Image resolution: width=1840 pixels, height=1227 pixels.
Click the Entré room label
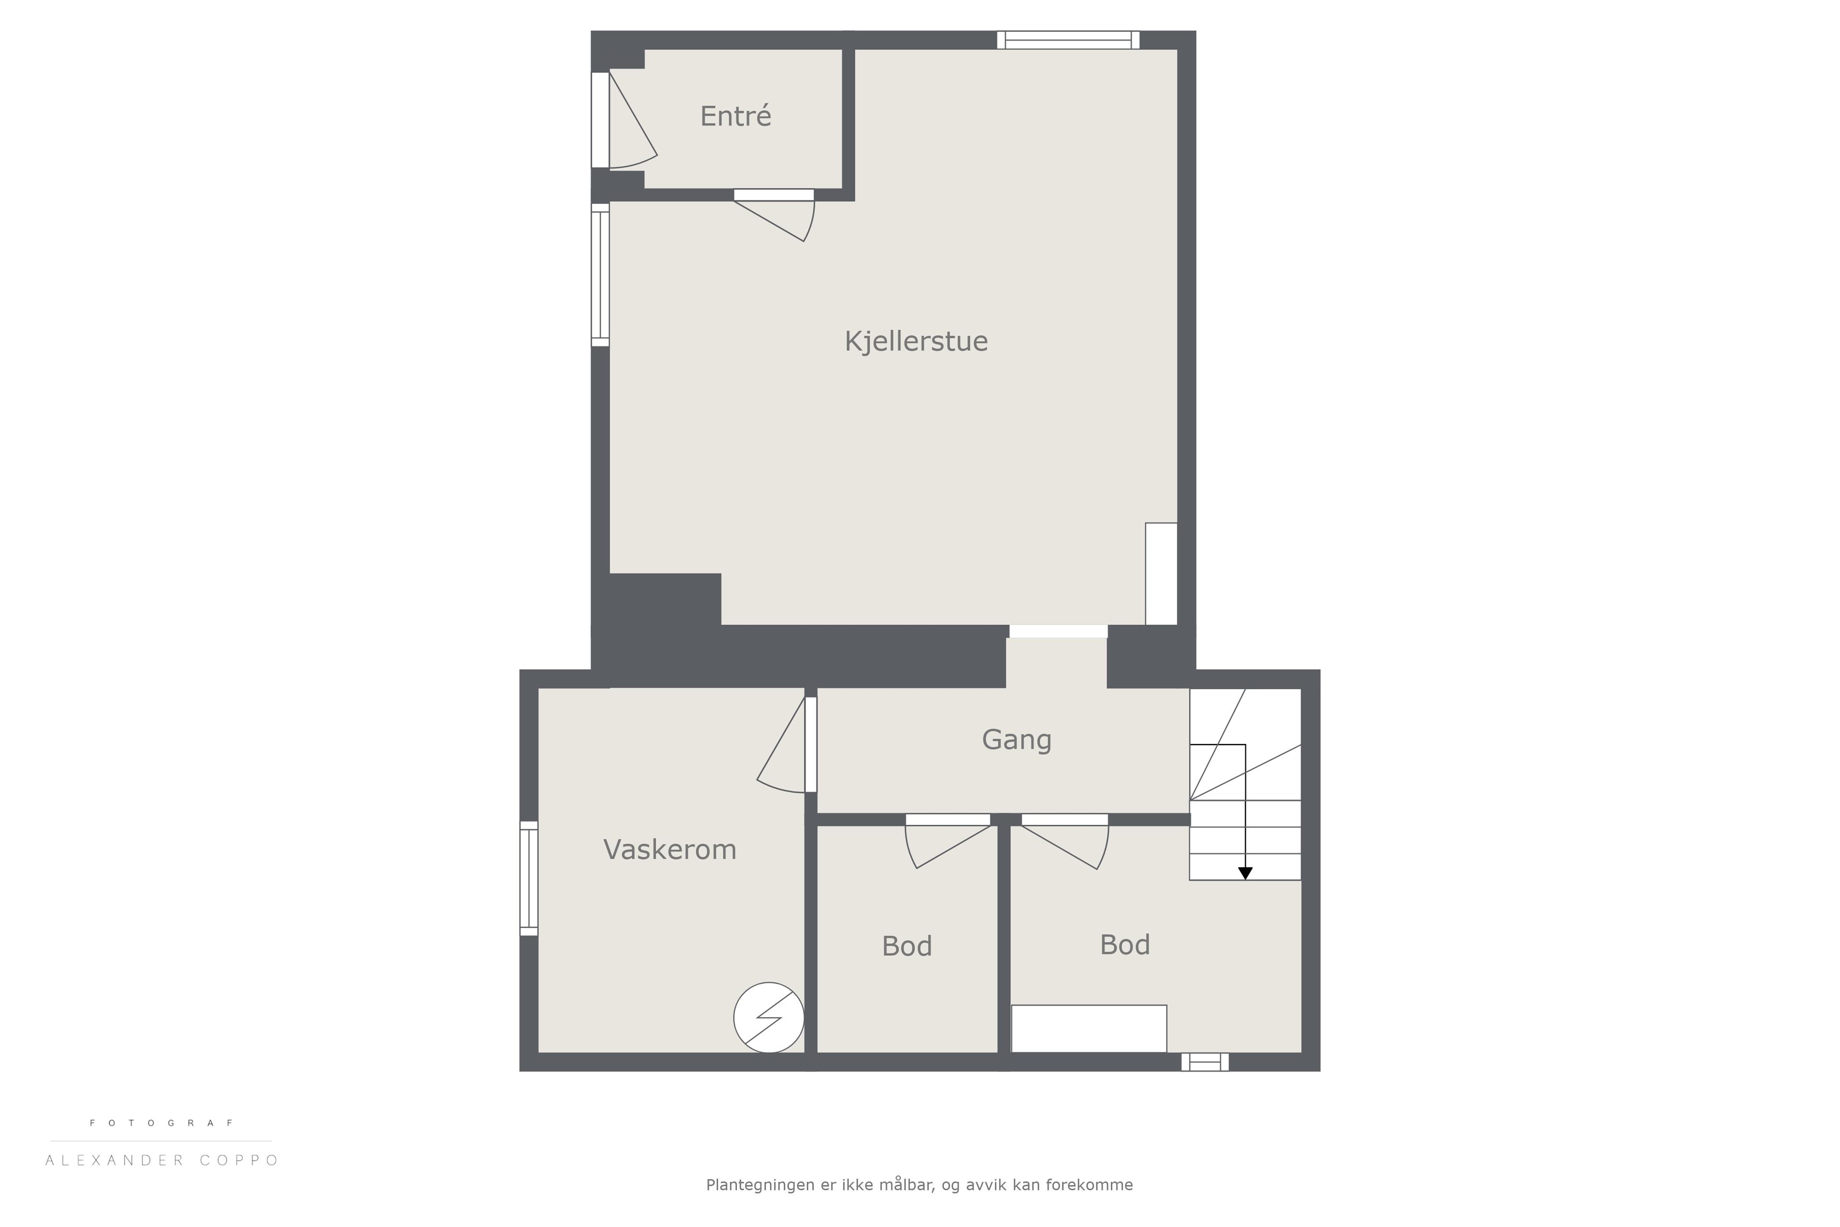[736, 116]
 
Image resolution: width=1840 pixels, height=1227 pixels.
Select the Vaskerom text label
[670, 850]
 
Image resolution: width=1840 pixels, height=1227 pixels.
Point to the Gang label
[1016, 740]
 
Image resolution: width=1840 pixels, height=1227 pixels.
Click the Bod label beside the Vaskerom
[907, 947]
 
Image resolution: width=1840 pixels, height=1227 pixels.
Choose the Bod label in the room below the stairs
[1125, 945]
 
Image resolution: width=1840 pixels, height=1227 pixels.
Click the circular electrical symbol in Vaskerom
[768, 1017]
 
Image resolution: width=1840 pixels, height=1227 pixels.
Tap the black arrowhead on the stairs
[1245, 873]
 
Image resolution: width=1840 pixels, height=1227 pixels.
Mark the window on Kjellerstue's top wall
[1068, 40]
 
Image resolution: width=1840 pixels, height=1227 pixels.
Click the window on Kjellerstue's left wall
[600, 275]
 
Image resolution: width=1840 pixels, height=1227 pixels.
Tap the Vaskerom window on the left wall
[529, 878]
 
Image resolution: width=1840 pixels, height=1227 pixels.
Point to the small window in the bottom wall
[1205, 1062]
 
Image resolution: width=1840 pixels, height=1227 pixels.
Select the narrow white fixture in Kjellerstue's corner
[1161, 574]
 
